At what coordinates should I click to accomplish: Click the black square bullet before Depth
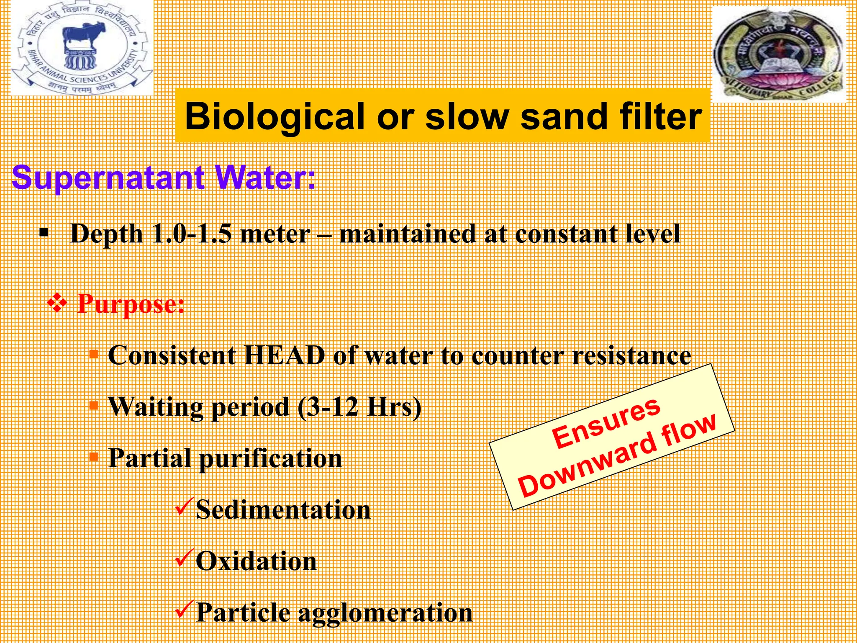tap(44, 232)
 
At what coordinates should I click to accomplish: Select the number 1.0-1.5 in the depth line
tap(191, 234)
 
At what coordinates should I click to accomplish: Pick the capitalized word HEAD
tap(285, 356)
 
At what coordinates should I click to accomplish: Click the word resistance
tap(631, 356)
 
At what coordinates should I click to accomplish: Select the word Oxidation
tap(256, 561)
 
